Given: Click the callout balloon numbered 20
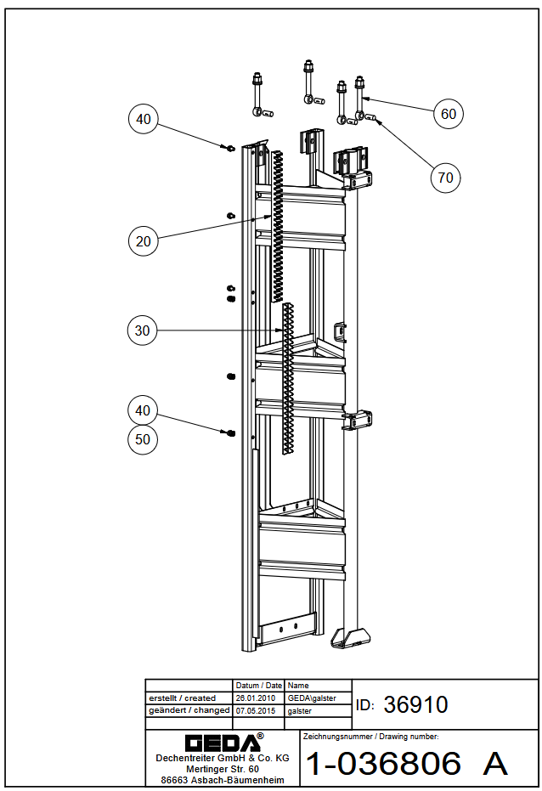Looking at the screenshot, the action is (144, 241).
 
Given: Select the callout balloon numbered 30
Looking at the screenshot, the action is (142, 331).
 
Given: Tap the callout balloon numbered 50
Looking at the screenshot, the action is (143, 439).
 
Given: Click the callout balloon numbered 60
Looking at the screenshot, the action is (449, 114).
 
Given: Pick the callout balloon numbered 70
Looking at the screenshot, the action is (446, 178).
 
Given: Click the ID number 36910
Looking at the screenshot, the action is (415, 704).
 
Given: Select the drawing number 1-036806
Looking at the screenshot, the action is (383, 763).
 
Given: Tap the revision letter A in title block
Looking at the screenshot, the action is (494, 763).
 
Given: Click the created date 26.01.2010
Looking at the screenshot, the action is (256, 698).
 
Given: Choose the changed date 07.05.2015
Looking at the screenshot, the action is (256, 711).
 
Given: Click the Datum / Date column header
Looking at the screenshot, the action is (258, 686).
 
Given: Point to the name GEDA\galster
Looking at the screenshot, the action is (312, 698).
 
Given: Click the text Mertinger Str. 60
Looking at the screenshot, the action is (223, 769).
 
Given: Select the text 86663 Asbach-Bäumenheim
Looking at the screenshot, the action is (223, 780).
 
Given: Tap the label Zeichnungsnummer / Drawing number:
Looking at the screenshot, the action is (370, 737).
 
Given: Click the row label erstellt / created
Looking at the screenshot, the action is (182, 698).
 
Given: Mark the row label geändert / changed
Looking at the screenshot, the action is (189, 710).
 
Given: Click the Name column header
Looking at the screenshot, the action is (298, 686).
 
